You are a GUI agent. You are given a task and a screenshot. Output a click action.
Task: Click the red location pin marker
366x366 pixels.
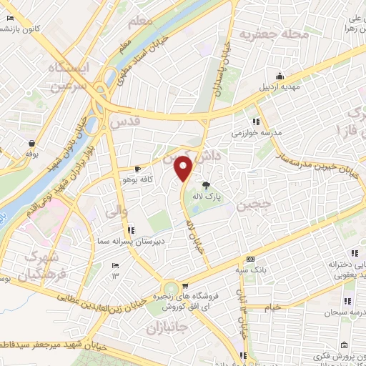click(184, 169)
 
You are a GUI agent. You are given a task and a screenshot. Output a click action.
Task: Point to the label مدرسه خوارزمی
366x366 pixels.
click(257, 133)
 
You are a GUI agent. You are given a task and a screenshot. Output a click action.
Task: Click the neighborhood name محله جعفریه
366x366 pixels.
click(274, 34)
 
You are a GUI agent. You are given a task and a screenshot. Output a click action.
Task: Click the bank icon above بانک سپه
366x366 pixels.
click(249, 259)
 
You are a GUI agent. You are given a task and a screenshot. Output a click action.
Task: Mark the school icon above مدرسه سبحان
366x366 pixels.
click(349, 301)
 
